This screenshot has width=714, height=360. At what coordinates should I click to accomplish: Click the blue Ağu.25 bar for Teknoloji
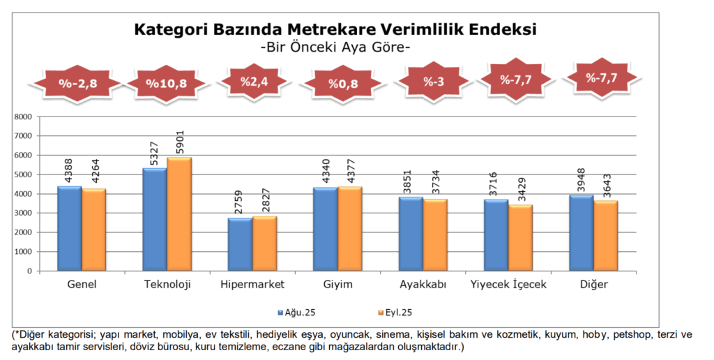[x=154, y=220]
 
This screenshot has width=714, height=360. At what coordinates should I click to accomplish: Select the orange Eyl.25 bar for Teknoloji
[x=179, y=214]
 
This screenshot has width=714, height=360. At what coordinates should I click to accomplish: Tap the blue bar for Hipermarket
[x=240, y=245]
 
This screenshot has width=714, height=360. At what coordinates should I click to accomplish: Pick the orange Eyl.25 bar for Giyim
[x=349, y=229]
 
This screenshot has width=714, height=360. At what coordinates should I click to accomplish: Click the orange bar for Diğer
[x=605, y=236]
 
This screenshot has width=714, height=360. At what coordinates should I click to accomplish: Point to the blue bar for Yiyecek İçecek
[x=495, y=235]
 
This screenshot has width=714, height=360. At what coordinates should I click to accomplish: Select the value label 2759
[x=241, y=203]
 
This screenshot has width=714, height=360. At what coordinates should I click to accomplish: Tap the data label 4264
[x=94, y=172]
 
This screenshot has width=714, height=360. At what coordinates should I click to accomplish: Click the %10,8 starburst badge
[x=166, y=84]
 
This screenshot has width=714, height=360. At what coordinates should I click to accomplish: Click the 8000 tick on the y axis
[x=23, y=117]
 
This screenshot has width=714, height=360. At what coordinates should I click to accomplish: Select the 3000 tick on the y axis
[x=23, y=213]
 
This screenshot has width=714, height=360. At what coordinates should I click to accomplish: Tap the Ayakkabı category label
[x=423, y=285]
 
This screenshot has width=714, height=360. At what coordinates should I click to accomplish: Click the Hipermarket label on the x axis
[x=252, y=285]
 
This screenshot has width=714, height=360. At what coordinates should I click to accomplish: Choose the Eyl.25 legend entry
[x=399, y=312]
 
